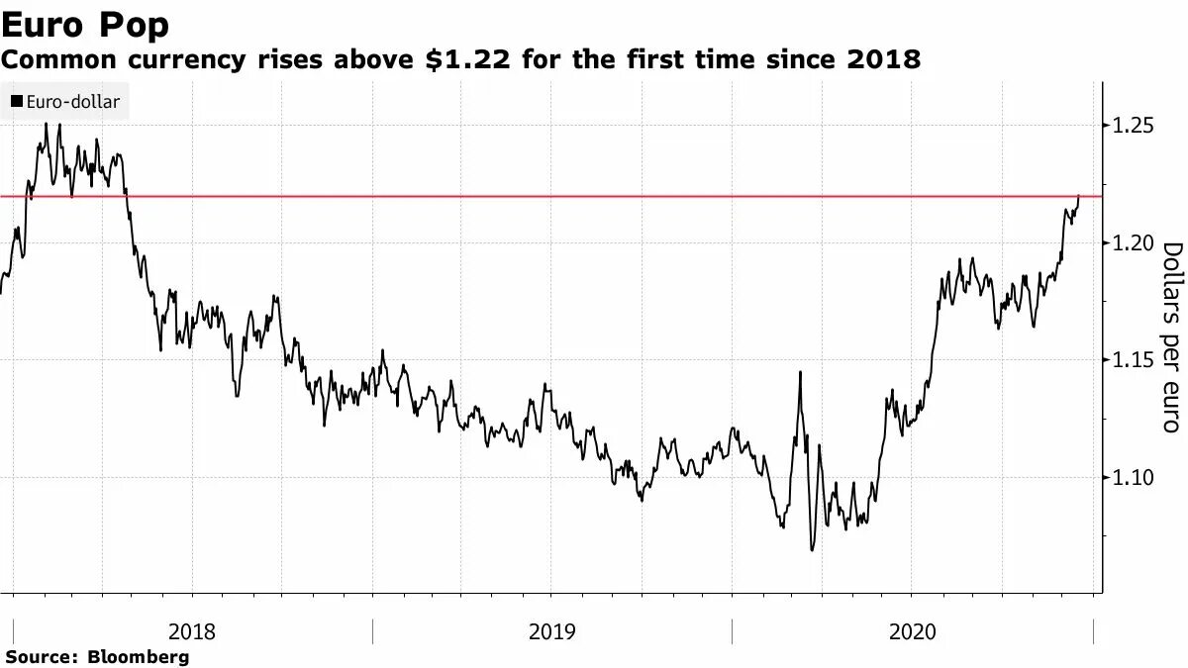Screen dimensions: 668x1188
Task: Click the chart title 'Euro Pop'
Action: point(85,25)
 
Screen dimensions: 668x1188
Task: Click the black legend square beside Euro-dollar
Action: point(17,101)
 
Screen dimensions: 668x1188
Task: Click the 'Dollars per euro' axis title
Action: point(1171,336)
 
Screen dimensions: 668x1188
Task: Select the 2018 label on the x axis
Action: point(192,631)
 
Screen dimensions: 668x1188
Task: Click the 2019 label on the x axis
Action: point(552,631)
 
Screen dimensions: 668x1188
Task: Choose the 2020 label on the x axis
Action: point(912,631)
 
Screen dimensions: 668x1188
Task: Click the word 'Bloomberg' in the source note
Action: point(139,656)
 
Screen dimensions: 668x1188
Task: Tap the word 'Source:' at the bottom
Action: point(42,656)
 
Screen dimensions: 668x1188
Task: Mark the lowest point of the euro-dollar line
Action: point(813,549)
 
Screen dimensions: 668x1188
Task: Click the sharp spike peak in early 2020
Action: point(800,372)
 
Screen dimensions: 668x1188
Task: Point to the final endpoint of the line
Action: point(1078,196)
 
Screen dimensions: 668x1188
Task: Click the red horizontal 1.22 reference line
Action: point(594,196)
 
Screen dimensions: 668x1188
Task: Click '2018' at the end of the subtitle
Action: point(884,60)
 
